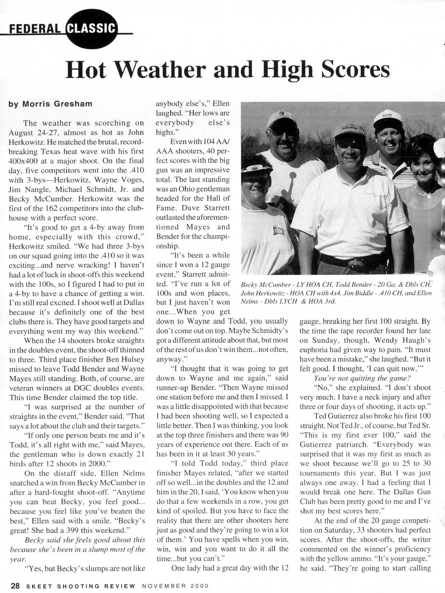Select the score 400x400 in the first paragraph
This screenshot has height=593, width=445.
click(x=26, y=161)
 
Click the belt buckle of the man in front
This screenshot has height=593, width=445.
click(x=355, y=265)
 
